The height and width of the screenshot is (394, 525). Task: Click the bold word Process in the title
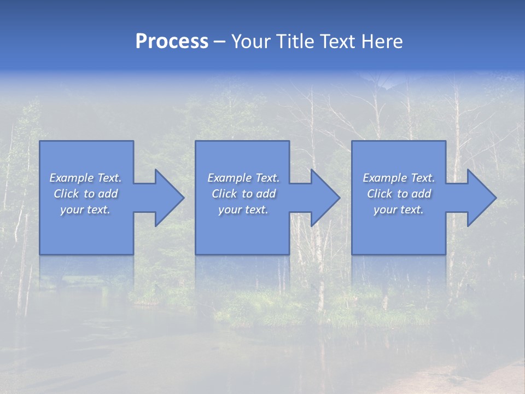click(x=172, y=42)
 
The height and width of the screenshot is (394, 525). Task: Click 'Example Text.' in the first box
click(x=85, y=178)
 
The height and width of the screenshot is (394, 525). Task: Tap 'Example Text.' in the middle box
click(x=243, y=178)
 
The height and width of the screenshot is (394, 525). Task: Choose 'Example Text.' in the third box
click(x=399, y=178)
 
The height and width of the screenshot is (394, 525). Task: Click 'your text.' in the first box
click(x=85, y=210)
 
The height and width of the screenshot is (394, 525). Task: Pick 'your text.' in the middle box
click(x=243, y=210)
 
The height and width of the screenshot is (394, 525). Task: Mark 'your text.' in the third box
click(x=399, y=210)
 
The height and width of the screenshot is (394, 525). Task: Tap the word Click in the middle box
click(x=224, y=194)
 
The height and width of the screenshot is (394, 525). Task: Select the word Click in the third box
click(x=380, y=194)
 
